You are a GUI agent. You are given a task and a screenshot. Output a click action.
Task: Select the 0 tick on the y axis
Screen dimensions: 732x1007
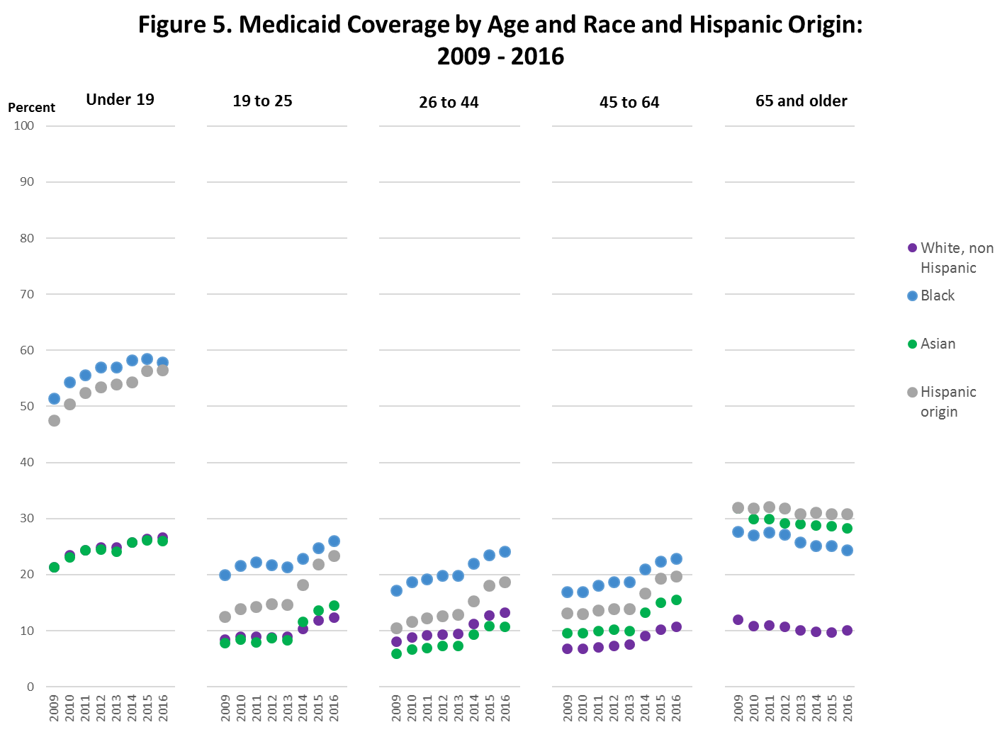coord(30,687)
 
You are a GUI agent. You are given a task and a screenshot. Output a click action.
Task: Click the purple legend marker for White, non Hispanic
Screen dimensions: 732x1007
coord(912,248)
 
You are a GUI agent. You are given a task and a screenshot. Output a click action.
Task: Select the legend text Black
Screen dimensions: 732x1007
coord(938,295)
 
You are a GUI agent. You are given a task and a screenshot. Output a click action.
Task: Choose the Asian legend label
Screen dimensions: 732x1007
coord(938,344)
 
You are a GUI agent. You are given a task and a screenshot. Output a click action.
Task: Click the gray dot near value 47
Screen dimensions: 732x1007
coord(54,420)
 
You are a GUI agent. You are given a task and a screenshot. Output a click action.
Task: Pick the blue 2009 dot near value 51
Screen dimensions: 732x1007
coord(54,399)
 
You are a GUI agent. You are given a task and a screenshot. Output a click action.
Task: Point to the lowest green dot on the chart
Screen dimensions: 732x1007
coord(396,653)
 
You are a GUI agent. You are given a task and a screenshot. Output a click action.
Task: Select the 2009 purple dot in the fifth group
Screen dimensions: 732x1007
coord(738,620)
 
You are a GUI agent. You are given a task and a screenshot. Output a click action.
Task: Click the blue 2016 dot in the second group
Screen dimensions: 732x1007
coord(334,541)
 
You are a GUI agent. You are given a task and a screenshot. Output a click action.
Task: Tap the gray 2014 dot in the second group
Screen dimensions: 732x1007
coord(303,585)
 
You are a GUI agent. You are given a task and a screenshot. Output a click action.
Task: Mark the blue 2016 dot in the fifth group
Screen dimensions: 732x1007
coord(847,550)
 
